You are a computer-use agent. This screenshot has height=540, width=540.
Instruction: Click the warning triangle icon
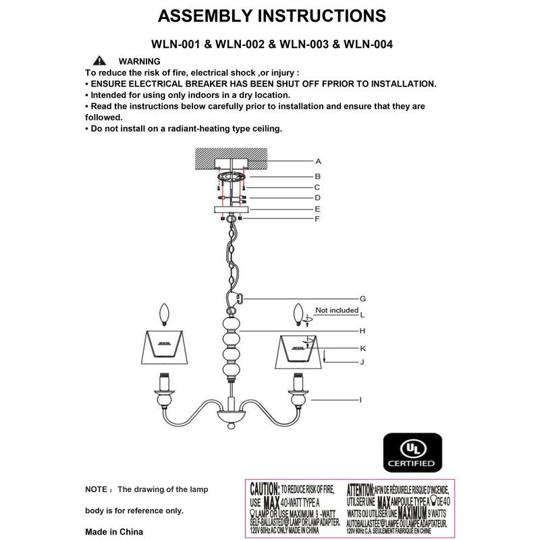click(100, 61)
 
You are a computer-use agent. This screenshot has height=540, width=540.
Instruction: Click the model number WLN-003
click(300, 45)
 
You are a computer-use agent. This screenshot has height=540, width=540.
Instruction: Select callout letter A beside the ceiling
click(318, 162)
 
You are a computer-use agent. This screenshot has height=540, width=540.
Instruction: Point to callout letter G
click(362, 298)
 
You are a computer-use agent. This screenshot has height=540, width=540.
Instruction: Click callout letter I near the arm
click(361, 400)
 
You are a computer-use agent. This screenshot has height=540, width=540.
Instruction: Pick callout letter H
click(362, 331)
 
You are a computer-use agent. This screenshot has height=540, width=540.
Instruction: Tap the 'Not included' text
click(337, 310)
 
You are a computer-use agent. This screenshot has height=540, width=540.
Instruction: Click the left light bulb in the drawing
click(162, 315)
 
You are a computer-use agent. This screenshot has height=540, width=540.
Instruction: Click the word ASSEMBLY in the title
click(202, 16)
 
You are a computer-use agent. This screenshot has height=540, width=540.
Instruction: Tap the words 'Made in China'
click(114, 531)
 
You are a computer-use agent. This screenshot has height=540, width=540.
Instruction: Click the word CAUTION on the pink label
click(265, 488)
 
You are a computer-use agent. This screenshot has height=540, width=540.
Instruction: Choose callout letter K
click(362, 348)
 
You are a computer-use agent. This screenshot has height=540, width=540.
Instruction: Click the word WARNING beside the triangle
click(139, 61)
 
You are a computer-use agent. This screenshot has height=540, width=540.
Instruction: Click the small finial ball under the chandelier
click(230, 427)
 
